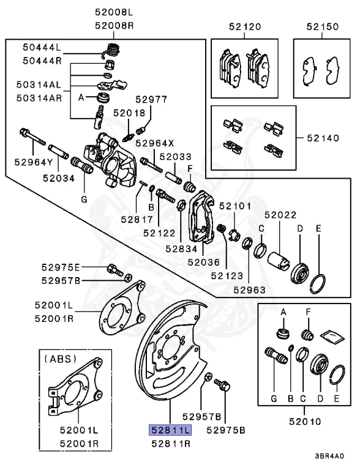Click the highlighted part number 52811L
coord(170,430)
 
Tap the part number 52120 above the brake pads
coord(245,27)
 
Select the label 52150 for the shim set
coord(322,27)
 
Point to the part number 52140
coord(323,138)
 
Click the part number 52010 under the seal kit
coord(305,422)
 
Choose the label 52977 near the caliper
coord(151,99)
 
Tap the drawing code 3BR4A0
coord(329,456)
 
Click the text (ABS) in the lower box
coord(60,359)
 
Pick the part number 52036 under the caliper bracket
coord(204,262)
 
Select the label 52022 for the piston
coord(280,215)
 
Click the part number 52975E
coord(61,267)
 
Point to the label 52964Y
coord(34,162)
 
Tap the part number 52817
coord(137,220)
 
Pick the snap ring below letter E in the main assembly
coord(318,284)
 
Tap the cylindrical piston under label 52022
coord(279,260)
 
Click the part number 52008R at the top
coord(114,26)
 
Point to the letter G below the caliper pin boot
coord(84,199)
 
